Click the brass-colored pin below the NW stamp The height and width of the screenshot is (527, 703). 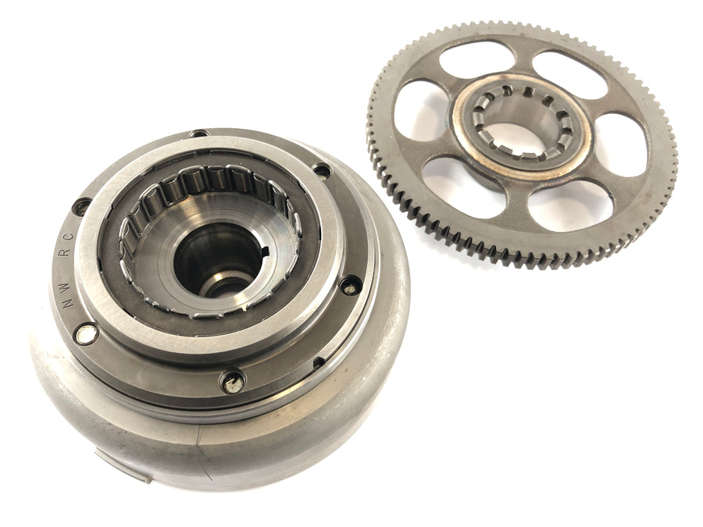click(87, 334)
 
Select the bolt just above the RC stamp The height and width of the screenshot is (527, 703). click(81, 208)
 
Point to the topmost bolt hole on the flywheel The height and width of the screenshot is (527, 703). click(198, 134)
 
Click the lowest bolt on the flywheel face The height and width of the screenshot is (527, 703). click(233, 383)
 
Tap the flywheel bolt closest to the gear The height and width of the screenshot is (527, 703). click(322, 170)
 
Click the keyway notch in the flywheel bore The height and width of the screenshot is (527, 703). click(265, 251)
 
